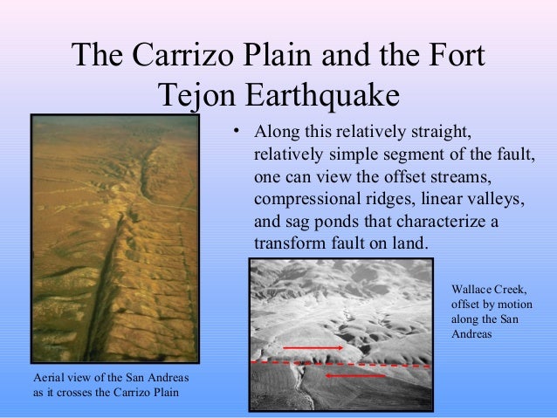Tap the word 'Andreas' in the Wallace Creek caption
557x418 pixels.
click(x=472, y=334)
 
